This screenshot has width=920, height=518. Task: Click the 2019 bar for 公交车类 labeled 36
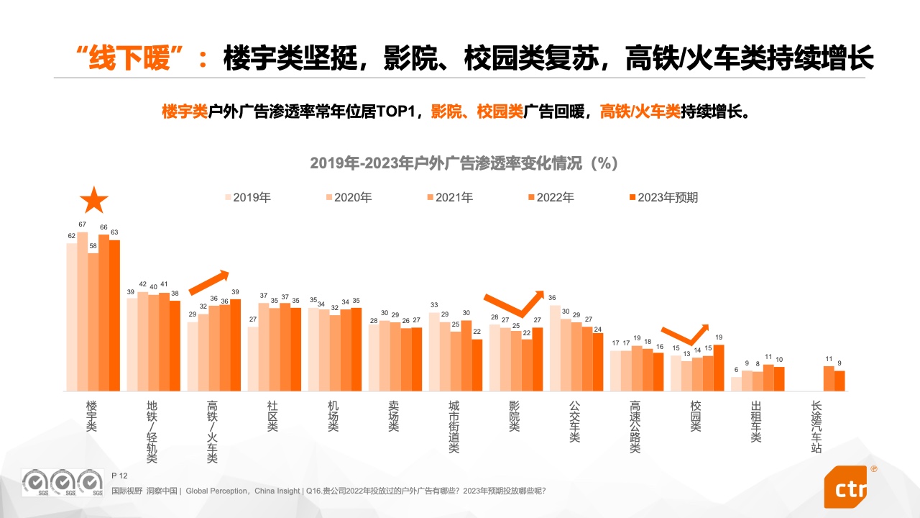point(555,348)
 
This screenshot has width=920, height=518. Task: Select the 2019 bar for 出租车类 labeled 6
point(736,384)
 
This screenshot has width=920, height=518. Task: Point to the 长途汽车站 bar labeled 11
point(828,378)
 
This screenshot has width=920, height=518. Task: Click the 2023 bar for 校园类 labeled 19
point(718,368)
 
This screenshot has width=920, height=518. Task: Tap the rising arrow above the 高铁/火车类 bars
point(209,283)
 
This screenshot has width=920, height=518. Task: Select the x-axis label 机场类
point(333,417)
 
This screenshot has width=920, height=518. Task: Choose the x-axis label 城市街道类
point(454,427)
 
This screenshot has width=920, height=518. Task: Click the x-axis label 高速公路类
point(635,427)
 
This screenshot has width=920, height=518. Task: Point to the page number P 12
point(119,476)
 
